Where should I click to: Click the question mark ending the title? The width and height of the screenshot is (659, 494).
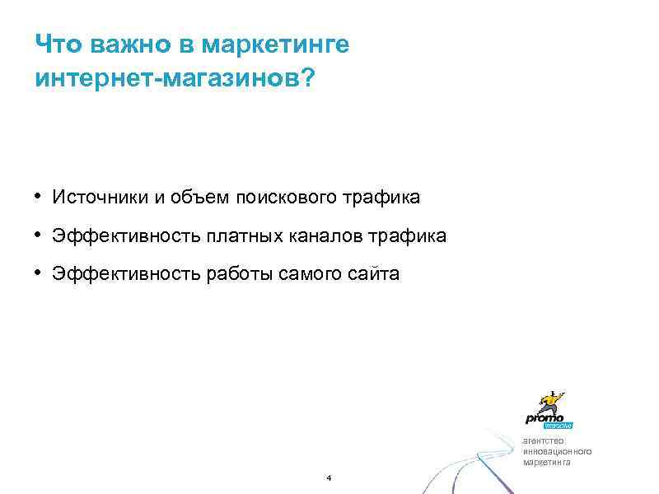[307, 81]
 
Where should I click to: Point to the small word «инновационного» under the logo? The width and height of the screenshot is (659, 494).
[557, 452]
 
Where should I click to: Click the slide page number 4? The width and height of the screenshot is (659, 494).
[329, 478]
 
